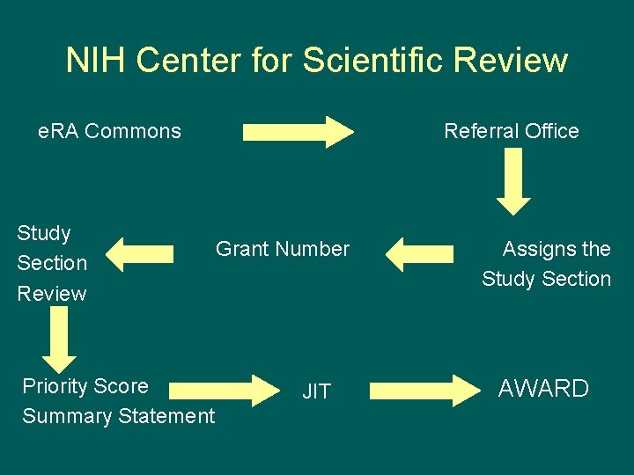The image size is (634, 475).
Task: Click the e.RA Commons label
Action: pyautogui.click(x=109, y=131)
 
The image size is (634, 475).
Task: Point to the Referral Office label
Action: pyautogui.click(x=511, y=131)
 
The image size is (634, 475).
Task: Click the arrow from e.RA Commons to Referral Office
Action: pyautogui.click(x=298, y=131)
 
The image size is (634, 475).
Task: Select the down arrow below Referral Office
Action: pyautogui.click(x=513, y=182)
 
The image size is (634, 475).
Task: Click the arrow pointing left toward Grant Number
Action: pyautogui.click(x=417, y=254)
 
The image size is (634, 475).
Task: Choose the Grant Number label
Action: pyautogui.click(x=283, y=249)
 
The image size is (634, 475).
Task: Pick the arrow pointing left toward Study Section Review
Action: pyautogui.click(x=145, y=254)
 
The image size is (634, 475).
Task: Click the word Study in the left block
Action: pyautogui.click(x=44, y=233)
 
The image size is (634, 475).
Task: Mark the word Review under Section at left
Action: pyautogui.click(x=52, y=293)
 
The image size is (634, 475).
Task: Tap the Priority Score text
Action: pyautogui.click(x=85, y=386)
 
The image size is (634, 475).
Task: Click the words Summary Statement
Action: pyautogui.click(x=118, y=415)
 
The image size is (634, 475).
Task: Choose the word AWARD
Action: pyautogui.click(x=543, y=389)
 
